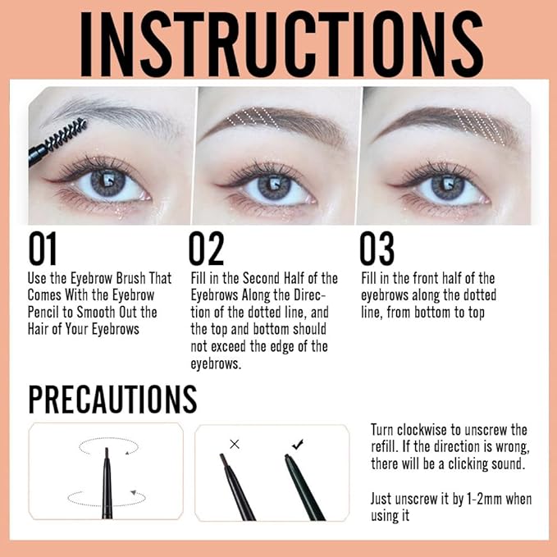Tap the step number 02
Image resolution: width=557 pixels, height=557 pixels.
(207, 249)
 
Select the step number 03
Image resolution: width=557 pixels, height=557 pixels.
(377, 249)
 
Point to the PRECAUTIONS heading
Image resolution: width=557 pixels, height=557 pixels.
(112, 399)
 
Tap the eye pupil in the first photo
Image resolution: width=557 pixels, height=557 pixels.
(108, 181)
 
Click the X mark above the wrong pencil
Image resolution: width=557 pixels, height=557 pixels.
(235, 444)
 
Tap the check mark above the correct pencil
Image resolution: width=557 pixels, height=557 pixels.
(297, 444)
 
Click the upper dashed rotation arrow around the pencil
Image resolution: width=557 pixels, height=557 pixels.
(107, 444)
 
